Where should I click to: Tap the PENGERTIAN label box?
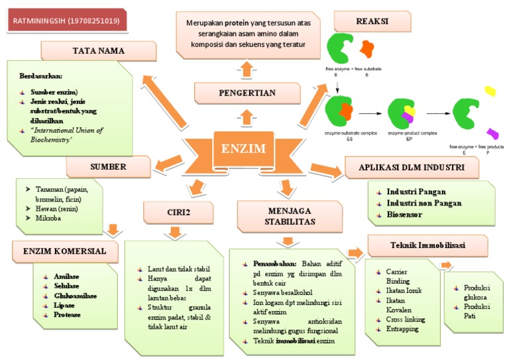tap(247, 93)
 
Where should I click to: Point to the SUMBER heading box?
tap(108, 166)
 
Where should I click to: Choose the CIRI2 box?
tap(178, 213)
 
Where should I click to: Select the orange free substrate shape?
tap(367, 48)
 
